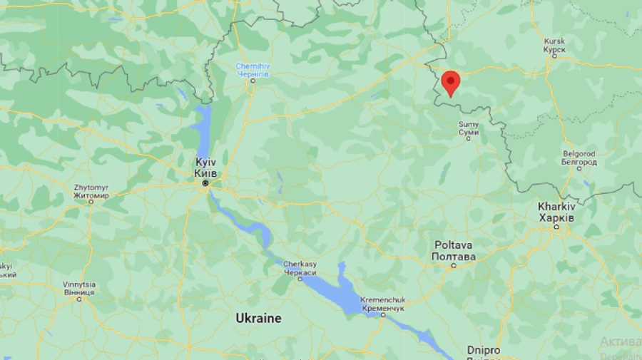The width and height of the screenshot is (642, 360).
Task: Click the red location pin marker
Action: point(450,82)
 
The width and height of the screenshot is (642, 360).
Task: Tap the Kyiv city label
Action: point(205,168)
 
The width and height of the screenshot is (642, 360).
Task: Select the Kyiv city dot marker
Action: point(205,183)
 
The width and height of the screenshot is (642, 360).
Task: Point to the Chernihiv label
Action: point(252,70)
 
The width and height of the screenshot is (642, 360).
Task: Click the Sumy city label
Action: point(469,128)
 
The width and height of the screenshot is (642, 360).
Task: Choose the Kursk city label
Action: point(554,46)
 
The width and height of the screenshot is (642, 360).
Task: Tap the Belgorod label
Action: point(579,158)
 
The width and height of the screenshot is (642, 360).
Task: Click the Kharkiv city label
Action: point(556,212)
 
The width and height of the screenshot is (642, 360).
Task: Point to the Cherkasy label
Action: point(300,268)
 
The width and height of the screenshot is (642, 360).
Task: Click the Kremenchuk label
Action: point(383,303)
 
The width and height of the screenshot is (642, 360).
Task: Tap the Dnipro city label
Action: point(484,350)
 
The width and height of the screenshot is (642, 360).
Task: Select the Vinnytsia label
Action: point(78,288)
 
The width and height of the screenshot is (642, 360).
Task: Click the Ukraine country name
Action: point(258,318)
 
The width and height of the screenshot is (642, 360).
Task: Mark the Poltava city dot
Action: point(453,265)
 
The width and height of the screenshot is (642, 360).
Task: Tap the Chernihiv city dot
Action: point(252,81)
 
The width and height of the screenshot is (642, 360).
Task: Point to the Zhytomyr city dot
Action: point(91,202)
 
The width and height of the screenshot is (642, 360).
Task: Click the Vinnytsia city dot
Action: point(79,299)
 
